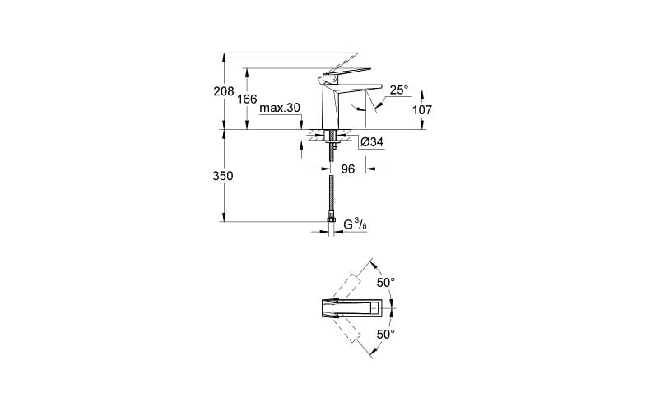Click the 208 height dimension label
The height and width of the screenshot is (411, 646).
click(223, 92)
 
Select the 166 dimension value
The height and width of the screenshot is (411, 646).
click(247, 99)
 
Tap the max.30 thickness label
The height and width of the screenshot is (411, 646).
click(280, 109)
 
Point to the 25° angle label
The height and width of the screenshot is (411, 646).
click(399, 90)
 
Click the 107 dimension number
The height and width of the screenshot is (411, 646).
click(422, 109)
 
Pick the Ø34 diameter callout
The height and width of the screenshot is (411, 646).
click(373, 143)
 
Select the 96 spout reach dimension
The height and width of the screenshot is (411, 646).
click(347, 169)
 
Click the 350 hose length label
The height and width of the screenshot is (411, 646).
click(223, 176)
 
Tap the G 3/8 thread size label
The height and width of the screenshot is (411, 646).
click(355, 224)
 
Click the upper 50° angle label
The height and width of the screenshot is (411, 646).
click(385, 282)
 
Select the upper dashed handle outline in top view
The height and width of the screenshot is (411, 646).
click(353, 280)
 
